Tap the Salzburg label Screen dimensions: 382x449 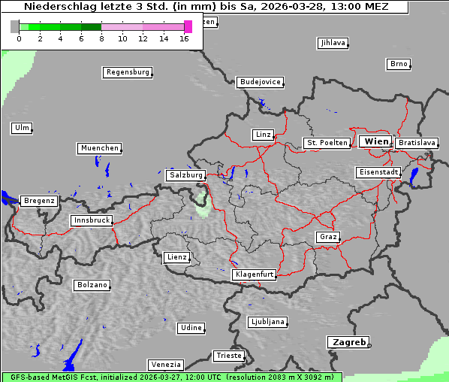(x=185, y=175)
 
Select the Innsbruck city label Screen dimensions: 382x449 (x=91, y=221)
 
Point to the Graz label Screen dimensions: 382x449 (x=327, y=237)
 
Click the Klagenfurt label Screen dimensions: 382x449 (x=254, y=275)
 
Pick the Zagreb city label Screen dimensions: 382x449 (x=348, y=342)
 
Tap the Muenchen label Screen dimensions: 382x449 (x=99, y=149)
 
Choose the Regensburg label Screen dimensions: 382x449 (x=127, y=73)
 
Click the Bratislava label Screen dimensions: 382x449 (x=417, y=143)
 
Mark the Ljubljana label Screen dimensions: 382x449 (x=267, y=322)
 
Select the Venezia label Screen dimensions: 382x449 (x=164, y=365)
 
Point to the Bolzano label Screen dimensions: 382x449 (x=92, y=286)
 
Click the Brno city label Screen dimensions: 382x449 (x=398, y=64)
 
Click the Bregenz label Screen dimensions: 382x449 (x=39, y=202)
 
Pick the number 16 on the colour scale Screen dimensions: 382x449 (x=185, y=38)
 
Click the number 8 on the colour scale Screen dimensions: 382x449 (x=101, y=38)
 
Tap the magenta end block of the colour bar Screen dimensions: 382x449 (x=188, y=26)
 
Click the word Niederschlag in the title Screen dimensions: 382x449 (x=56, y=7)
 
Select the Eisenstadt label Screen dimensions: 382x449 (x=378, y=173)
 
